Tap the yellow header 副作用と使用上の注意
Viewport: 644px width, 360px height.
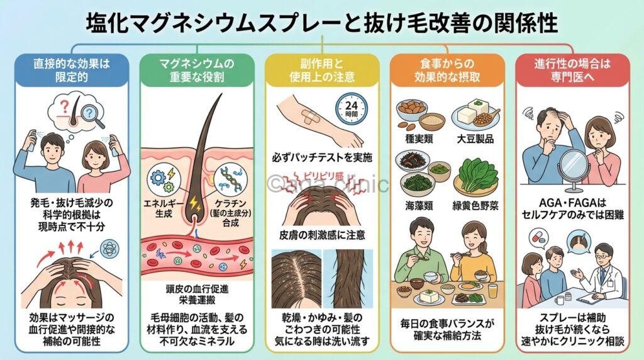(321, 69)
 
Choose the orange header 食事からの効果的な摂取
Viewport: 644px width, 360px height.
(447, 69)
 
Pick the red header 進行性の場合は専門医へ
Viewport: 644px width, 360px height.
(572, 69)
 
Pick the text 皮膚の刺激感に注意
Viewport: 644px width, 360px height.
(321, 237)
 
